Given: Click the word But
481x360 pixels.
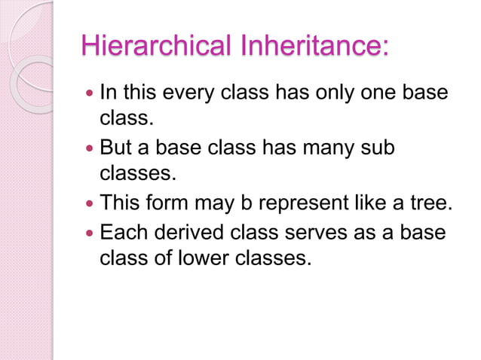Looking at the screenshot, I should [x=117, y=148].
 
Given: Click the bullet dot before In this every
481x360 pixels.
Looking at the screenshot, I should [x=90, y=94].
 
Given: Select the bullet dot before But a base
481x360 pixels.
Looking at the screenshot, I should [x=90, y=149].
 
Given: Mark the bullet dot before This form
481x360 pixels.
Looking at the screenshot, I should [x=90, y=204].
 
